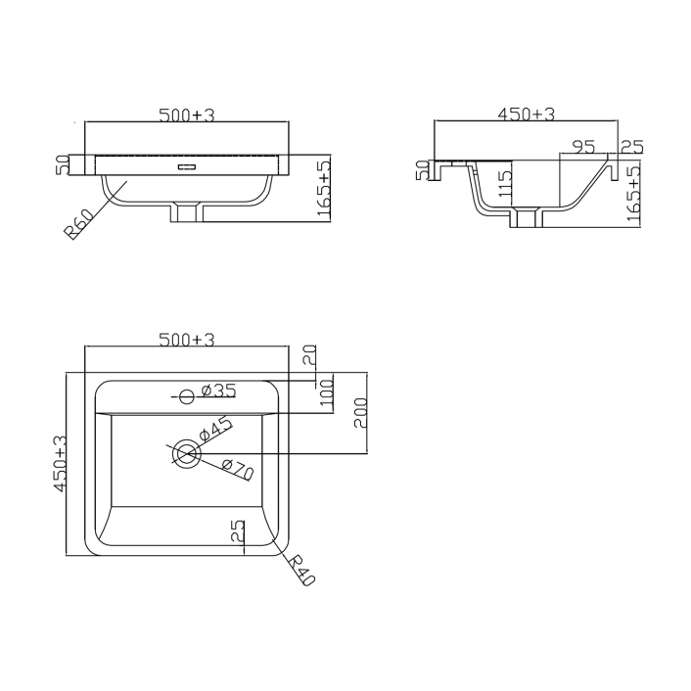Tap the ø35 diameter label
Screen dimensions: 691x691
coord(217,392)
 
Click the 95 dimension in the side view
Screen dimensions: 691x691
coord(583,148)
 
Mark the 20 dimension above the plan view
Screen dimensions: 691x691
coord(309,355)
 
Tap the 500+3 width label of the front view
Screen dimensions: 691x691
coord(186,115)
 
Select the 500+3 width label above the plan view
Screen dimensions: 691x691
coord(186,340)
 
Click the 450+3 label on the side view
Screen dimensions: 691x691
coord(526,115)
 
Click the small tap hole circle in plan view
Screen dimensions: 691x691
coord(186,396)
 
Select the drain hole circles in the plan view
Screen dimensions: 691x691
coord(186,454)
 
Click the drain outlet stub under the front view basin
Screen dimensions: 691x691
coord(186,211)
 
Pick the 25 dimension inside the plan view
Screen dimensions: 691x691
coord(237,533)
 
